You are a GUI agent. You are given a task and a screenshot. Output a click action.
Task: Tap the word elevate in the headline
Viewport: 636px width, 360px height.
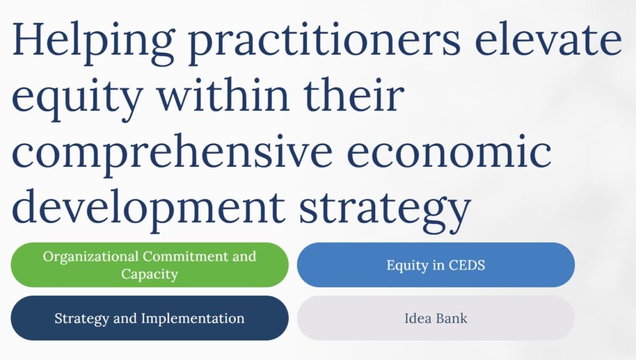pyautogui.click(x=548, y=40)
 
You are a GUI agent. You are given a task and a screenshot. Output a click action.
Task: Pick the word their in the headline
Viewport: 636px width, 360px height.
pyautogui.click(x=354, y=95)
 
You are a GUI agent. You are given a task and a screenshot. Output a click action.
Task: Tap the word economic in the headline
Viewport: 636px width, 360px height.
pyautogui.click(x=449, y=151)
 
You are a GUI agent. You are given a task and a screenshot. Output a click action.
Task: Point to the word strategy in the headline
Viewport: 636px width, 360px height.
pyautogui.click(x=385, y=211)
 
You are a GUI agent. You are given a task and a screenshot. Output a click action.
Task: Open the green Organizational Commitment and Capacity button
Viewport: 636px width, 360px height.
pyautogui.click(x=150, y=265)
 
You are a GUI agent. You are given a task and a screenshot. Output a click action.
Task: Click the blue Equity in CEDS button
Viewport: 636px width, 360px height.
pyautogui.click(x=435, y=265)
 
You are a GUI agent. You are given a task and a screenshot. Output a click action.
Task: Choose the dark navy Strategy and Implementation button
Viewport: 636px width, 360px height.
pyautogui.click(x=150, y=318)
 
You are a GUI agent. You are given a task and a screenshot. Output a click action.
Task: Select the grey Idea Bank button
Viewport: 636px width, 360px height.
pyautogui.click(x=435, y=318)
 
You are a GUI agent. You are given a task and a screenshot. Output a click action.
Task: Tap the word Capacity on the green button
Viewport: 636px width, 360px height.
pyautogui.click(x=150, y=274)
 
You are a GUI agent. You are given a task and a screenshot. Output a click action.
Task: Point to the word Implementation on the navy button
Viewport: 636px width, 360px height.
pyautogui.click(x=193, y=318)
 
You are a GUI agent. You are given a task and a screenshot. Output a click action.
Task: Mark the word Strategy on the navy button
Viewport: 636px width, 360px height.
pyautogui.click(x=82, y=319)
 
